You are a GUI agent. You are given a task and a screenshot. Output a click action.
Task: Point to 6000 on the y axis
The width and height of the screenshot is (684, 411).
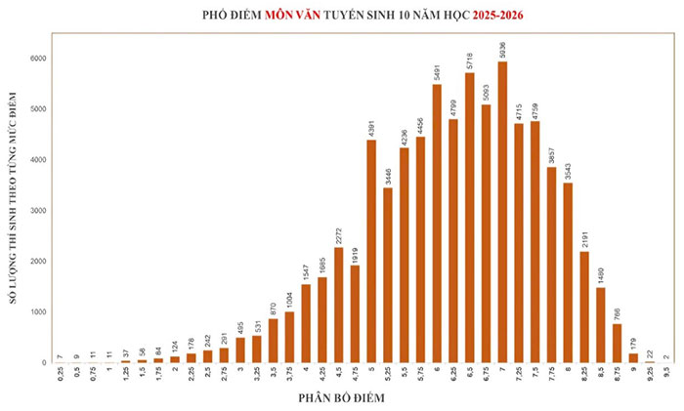point(37,59)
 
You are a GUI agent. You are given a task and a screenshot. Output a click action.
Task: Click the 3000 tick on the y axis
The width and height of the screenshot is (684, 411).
point(37,210)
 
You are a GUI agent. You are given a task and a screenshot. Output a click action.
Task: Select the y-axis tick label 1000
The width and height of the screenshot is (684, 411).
point(37,311)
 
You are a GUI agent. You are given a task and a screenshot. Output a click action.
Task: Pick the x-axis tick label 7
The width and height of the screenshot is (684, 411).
point(502,372)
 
